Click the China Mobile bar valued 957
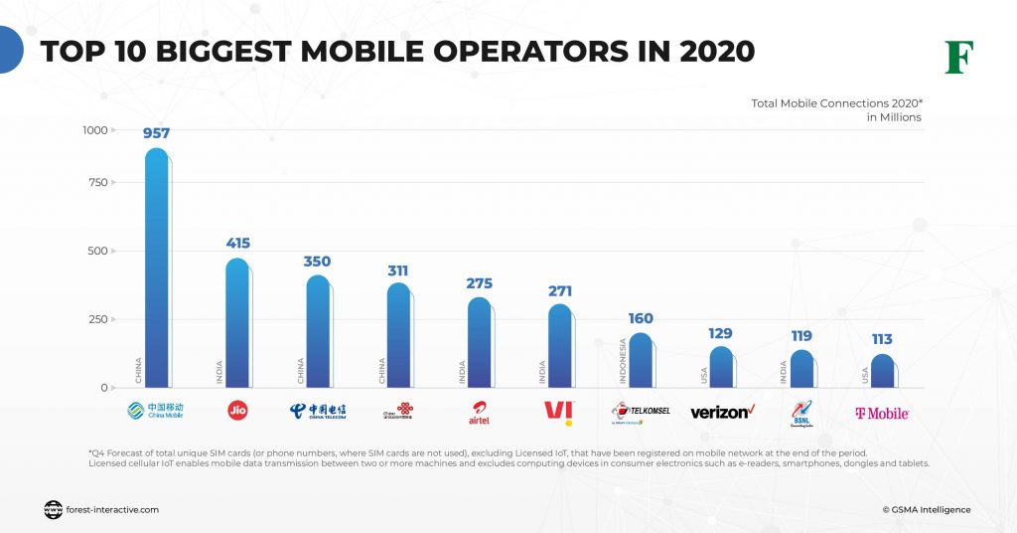pos(156,268)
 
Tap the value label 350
pos(317,262)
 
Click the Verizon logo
pos(722,412)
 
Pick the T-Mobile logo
pos(882,413)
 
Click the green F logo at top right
pos(958,58)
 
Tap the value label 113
pos(882,339)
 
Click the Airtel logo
pos(479,413)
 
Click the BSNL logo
pos(801,412)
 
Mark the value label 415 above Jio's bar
pos(237,243)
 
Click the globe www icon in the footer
pos(54,510)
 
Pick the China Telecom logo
pos(317,412)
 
